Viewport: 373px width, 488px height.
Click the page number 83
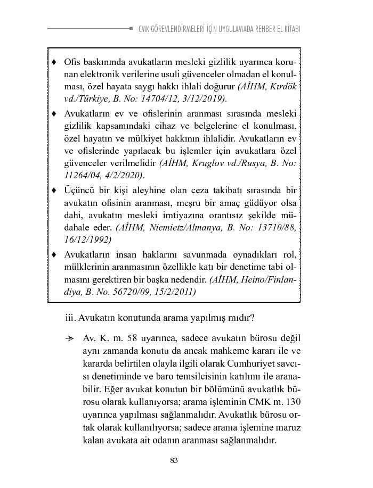(x=174, y=460)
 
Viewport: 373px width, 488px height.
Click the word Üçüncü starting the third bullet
(x=79, y=190)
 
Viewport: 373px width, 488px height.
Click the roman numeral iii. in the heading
(x=70, y=318)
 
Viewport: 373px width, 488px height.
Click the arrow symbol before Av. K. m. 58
(x=69, y=339)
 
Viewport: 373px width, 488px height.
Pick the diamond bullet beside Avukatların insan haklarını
(x=54, y=254)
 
